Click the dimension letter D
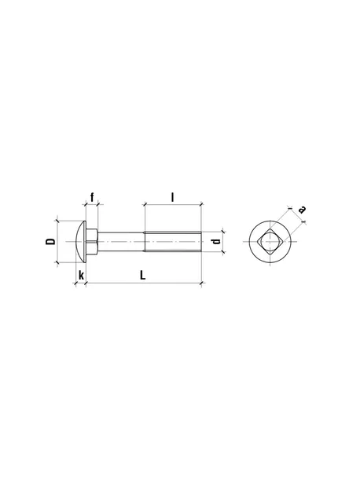(x=51, y=241)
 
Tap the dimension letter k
(x=82, y=275)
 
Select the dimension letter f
(x=92, y=197)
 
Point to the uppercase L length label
(x=143, y=275)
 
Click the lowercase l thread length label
(x=172, y=197)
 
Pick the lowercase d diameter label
(x=216, y=241)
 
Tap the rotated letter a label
(x=302, y=210)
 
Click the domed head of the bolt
(x=80, y=241)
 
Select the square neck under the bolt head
(x=92, y=242)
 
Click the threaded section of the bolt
(x=173, y=242)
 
